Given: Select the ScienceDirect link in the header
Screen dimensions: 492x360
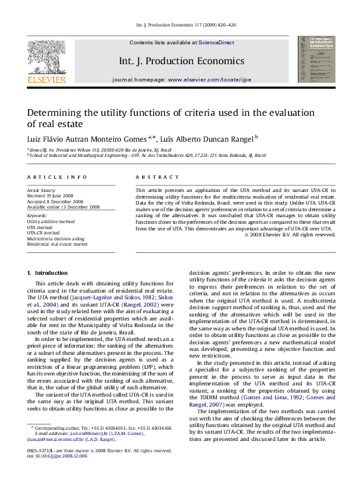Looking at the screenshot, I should [216, 42].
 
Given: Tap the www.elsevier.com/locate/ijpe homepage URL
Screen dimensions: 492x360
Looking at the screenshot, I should [210, 79].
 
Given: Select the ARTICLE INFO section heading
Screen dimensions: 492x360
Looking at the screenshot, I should [57, 177].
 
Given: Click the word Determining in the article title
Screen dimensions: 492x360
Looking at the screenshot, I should [60, 112].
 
